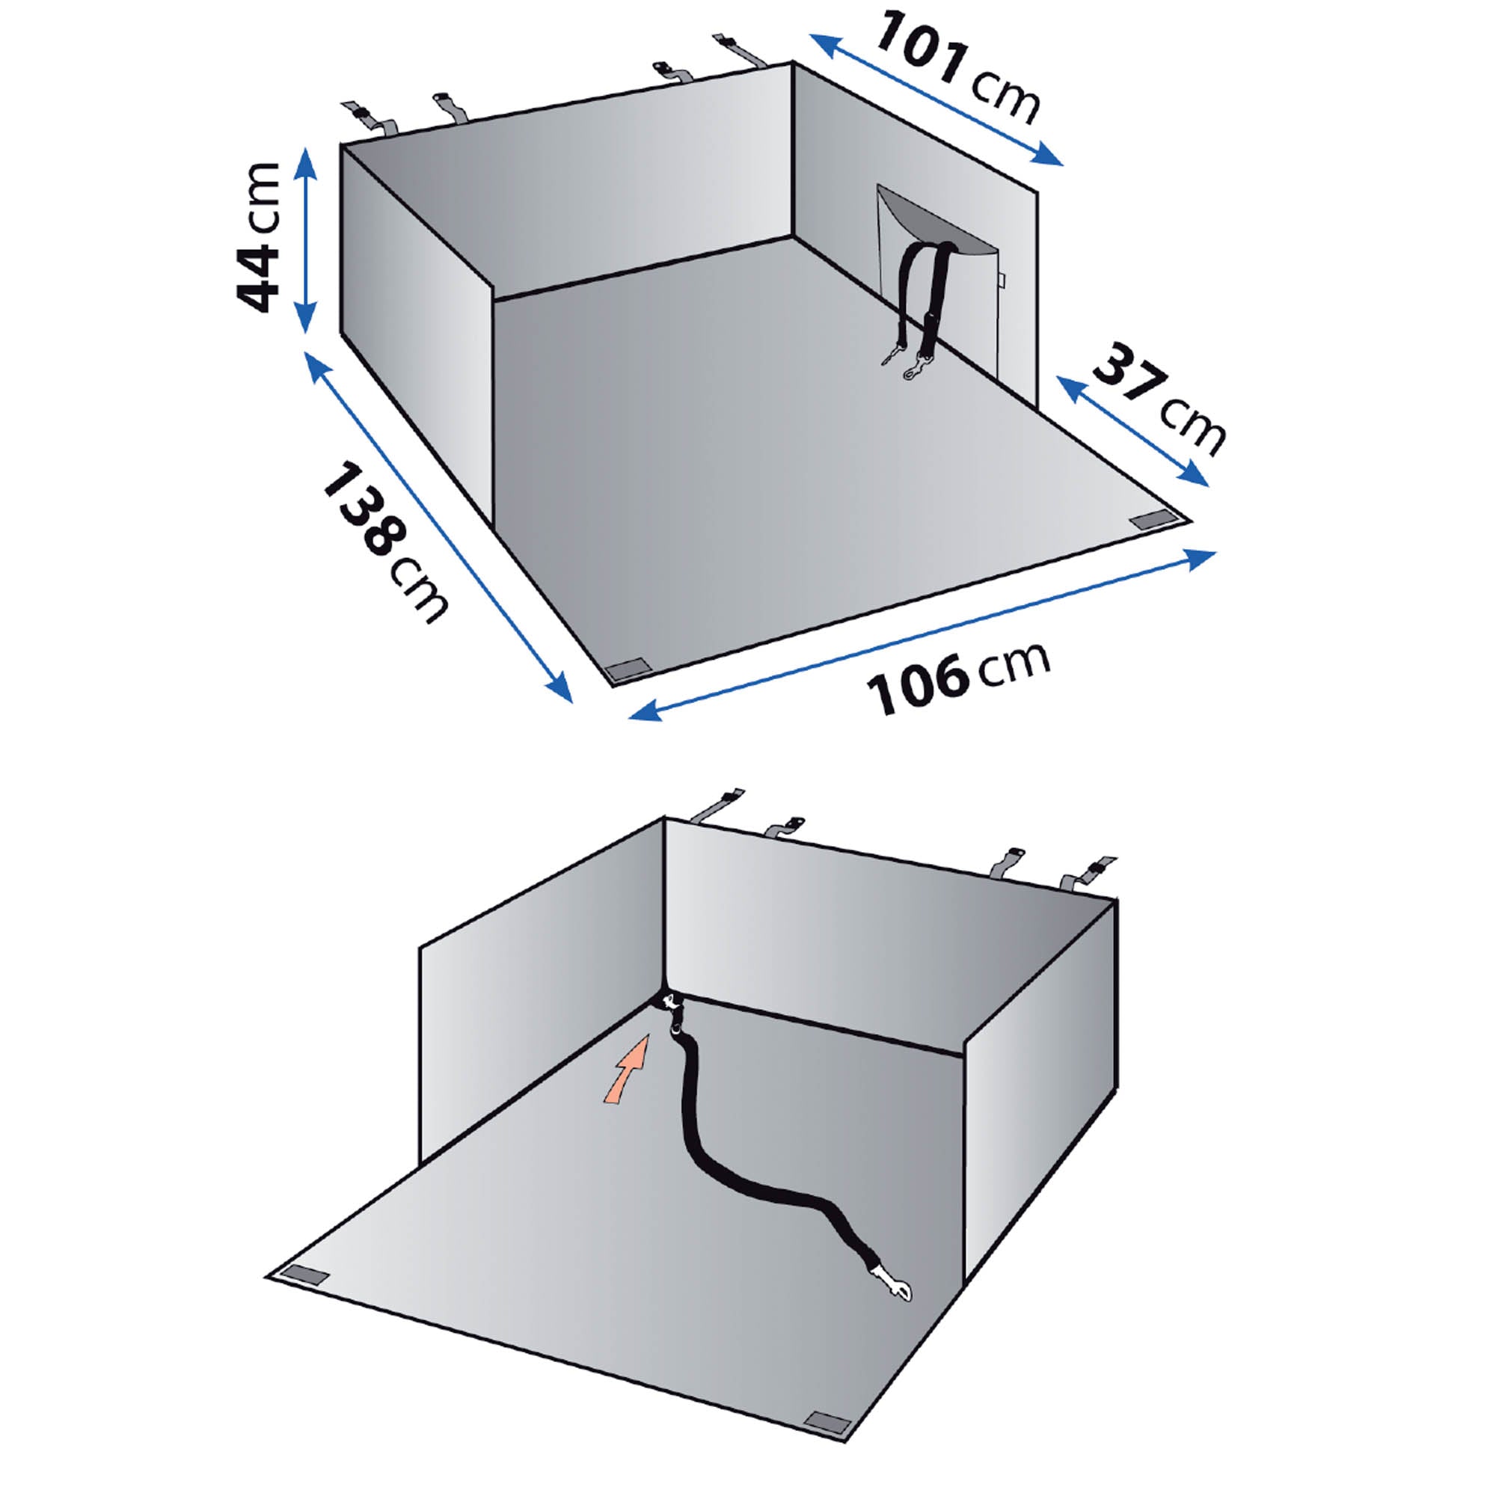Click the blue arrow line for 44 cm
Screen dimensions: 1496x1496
tap(307, 240)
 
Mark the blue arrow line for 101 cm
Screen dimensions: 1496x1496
tap(937, 101)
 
